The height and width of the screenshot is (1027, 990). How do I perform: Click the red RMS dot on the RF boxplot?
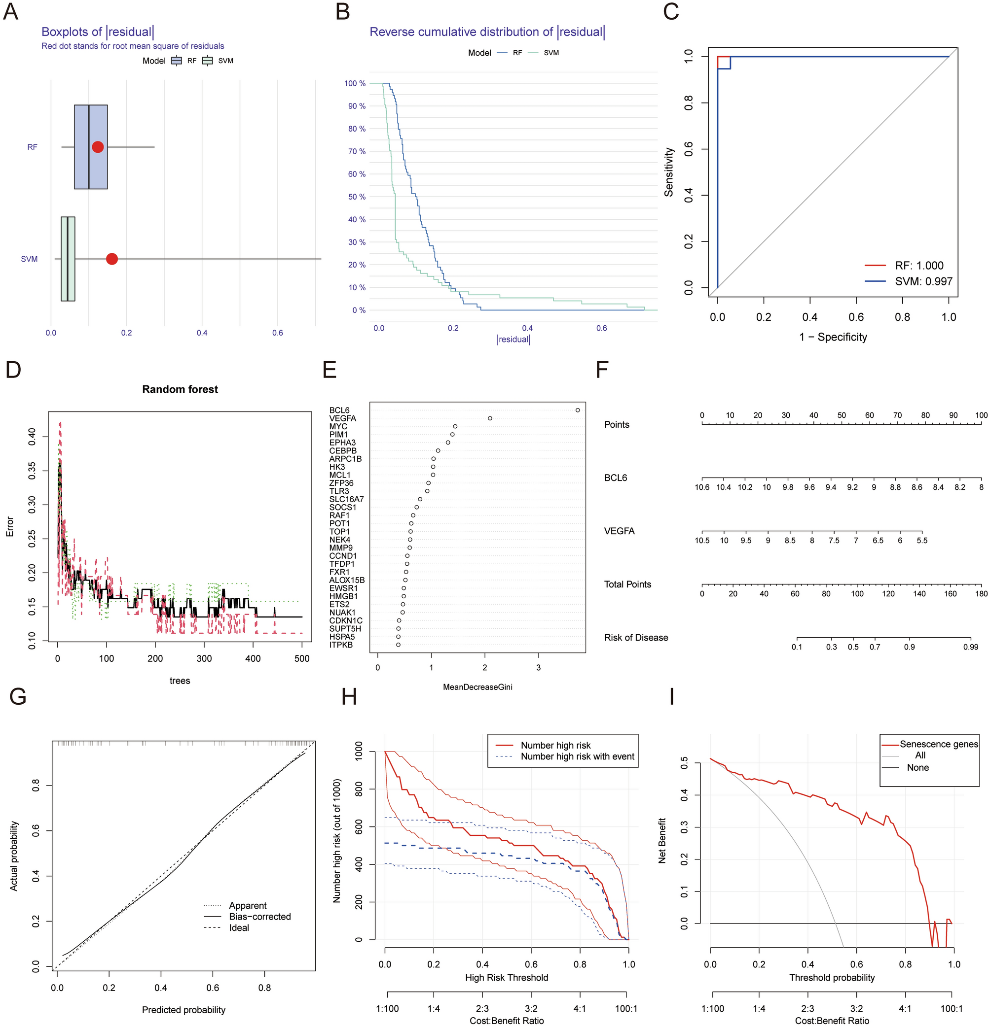(98, 147)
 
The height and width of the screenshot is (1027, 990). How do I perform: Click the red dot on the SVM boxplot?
(111, 259)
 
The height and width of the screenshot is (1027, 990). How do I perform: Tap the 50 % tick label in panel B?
(357, 197)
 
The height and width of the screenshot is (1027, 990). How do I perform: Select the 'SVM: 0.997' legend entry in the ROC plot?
(923, 281)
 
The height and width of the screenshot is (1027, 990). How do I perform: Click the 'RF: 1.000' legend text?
(918, 266)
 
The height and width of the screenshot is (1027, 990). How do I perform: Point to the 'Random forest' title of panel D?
(180, 389)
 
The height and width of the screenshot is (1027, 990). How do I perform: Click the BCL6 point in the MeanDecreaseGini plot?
(577, 411)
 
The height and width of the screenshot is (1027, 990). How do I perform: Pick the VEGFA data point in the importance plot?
(490, 418)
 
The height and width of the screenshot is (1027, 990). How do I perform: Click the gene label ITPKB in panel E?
(341, 645)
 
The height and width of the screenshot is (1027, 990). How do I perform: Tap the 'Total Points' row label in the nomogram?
(627, 584)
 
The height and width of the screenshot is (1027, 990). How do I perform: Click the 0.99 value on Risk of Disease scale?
(970, 647)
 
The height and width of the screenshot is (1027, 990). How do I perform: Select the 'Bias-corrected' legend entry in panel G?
(259, 917)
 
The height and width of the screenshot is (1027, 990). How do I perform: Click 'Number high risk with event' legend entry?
(577, 756)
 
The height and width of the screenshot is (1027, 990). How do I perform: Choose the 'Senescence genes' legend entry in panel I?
(939, 744)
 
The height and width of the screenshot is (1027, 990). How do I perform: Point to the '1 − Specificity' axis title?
(833, 337)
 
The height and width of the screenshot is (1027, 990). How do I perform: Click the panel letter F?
(602, 370)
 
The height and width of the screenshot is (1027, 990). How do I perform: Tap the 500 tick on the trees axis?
(302, 659)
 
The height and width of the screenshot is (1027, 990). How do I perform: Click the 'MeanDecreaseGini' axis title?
(477, 687)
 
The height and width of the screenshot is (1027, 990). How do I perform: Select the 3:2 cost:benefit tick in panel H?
(531, 1009)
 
